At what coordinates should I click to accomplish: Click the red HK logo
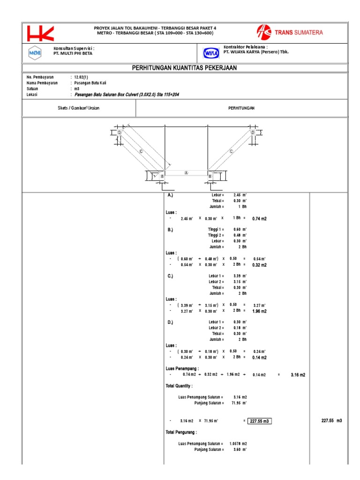pyautogui.click(x=41, y=33)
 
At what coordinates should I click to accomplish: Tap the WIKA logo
pyautogui.click(x=211, y=54)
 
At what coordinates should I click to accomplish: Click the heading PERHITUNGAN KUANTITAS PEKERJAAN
pyautogui.click(x=185, y=68)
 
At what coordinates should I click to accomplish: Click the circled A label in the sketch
pyautogui.click(x=186, y=172)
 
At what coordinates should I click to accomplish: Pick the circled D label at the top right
pyautogui.click(x=253, y=133)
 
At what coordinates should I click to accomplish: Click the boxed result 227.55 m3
pyautogui.click(x=260, y=421)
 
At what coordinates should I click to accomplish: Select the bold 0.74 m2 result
pyautogui.click(x=259, y=219)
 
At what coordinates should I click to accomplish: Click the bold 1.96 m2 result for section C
pyautogui.click(x=259, y=311)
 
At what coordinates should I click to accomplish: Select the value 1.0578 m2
pyautogui.click(x=238, y=443)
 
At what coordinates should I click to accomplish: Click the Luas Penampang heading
pyautogui.click(x=183, y=368)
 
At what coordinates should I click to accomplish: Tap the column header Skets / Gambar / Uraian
pyautogui.click(x=79, y=108)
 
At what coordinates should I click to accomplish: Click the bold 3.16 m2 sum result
pyautogui.click(x=298, y=375)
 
